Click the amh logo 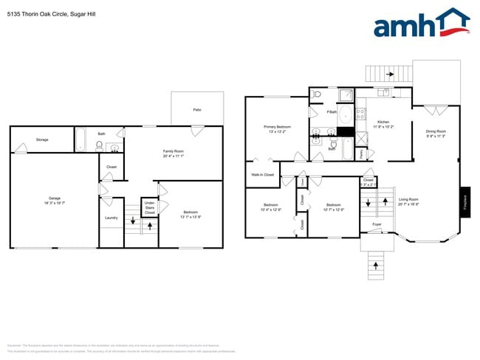[x=422, y=24]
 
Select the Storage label [x=42, y=139]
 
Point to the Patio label [x=197, y=110]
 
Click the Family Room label [x=174, y=153]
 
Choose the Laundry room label [x=112, y=218]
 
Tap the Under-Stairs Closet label [x=149, y=207]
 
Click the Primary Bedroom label [x=278, y=129]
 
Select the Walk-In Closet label [x=262, y=175]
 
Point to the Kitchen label [x=383, y=123]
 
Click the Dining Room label [x=436, y=134]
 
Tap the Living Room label [x=408, y=201]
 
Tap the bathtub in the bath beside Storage [x=82, y=139]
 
